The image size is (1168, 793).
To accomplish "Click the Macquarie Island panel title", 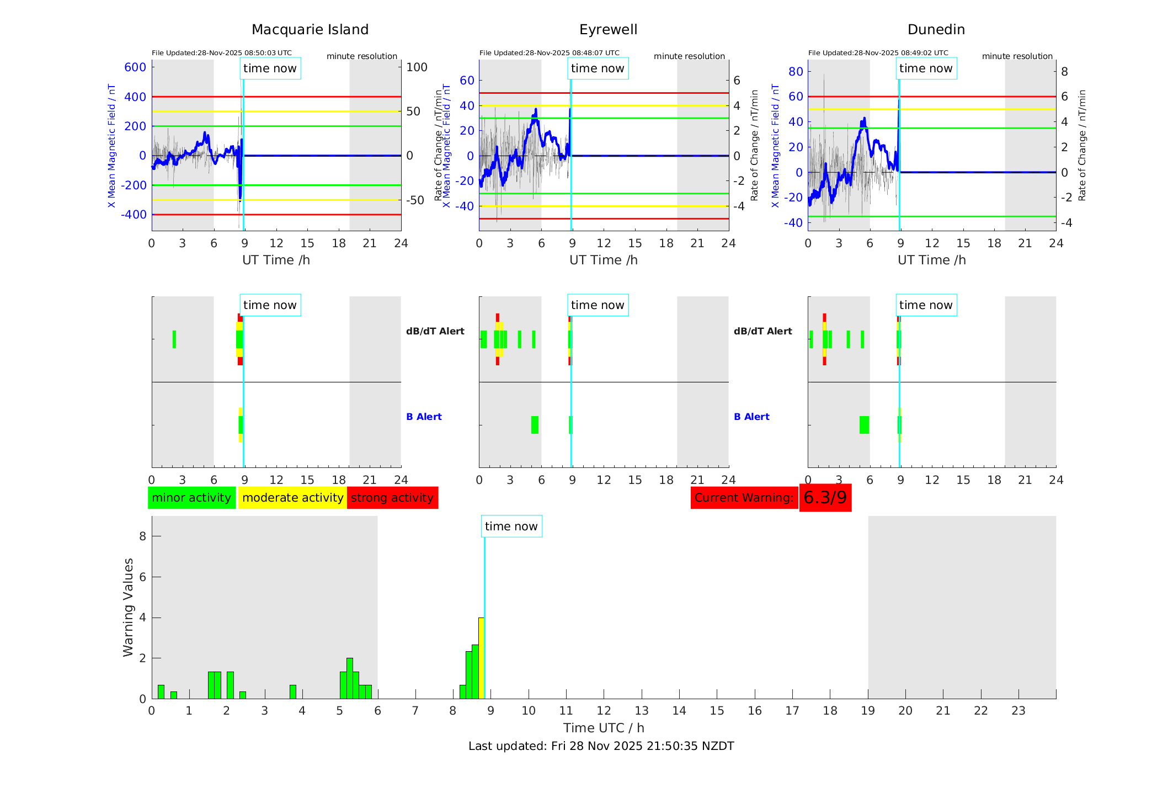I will coord(310,30).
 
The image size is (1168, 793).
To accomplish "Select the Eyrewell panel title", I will coord(608,30).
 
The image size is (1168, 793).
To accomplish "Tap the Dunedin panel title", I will coord(936,30).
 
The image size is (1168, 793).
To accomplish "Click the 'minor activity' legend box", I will coord(191,498).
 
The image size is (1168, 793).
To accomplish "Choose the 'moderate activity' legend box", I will coord(292,498).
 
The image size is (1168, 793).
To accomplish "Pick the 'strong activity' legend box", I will coord(392,498).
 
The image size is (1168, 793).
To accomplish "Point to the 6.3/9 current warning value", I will coord(825,498).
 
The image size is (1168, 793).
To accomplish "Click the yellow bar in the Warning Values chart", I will coord(481,658).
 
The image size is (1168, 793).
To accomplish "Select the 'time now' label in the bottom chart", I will coord(511,526).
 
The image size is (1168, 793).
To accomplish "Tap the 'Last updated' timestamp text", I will coord(601,746).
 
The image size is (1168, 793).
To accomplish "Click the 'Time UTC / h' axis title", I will coord(604,728).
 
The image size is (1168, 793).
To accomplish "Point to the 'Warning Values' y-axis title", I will coord(129,607).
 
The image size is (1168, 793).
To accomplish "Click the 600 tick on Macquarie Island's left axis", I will coord(135,67).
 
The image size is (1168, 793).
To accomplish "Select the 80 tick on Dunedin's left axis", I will coord(796,71).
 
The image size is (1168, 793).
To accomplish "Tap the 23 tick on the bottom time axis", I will coord(1018,711).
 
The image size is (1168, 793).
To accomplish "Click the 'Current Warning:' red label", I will coord(744,498).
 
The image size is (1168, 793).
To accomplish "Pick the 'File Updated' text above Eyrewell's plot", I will coord(549,53).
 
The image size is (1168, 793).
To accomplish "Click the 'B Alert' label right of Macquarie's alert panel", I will coord(424,417).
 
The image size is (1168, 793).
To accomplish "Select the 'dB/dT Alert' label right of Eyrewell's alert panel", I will coord(762,331).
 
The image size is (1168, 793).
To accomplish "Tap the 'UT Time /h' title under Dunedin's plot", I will coord(931,260).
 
